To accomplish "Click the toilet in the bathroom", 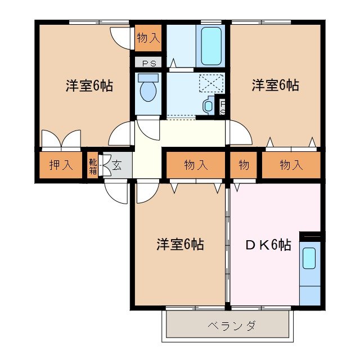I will click(x=148, y=89).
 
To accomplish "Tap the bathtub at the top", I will click(x=212, y=46).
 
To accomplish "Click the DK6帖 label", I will click(x=268, y=245).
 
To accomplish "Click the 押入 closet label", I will click(x=61, y=165).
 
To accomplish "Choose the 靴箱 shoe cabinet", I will click(x=93, y=165).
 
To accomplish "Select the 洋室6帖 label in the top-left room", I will click(x=89, y=86).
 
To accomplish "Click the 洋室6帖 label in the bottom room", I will click(x=180, y=245).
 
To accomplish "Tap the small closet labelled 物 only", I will click(x=244, y=165).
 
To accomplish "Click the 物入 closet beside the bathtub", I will click(x=148, y=38).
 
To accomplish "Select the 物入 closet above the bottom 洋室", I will click(x=196, y=165).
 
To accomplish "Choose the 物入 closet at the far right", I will click(x=291, y=165).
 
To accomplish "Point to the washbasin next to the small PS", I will click(x=209, y=105).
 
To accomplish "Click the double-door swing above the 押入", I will click(x=62, y=140).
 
